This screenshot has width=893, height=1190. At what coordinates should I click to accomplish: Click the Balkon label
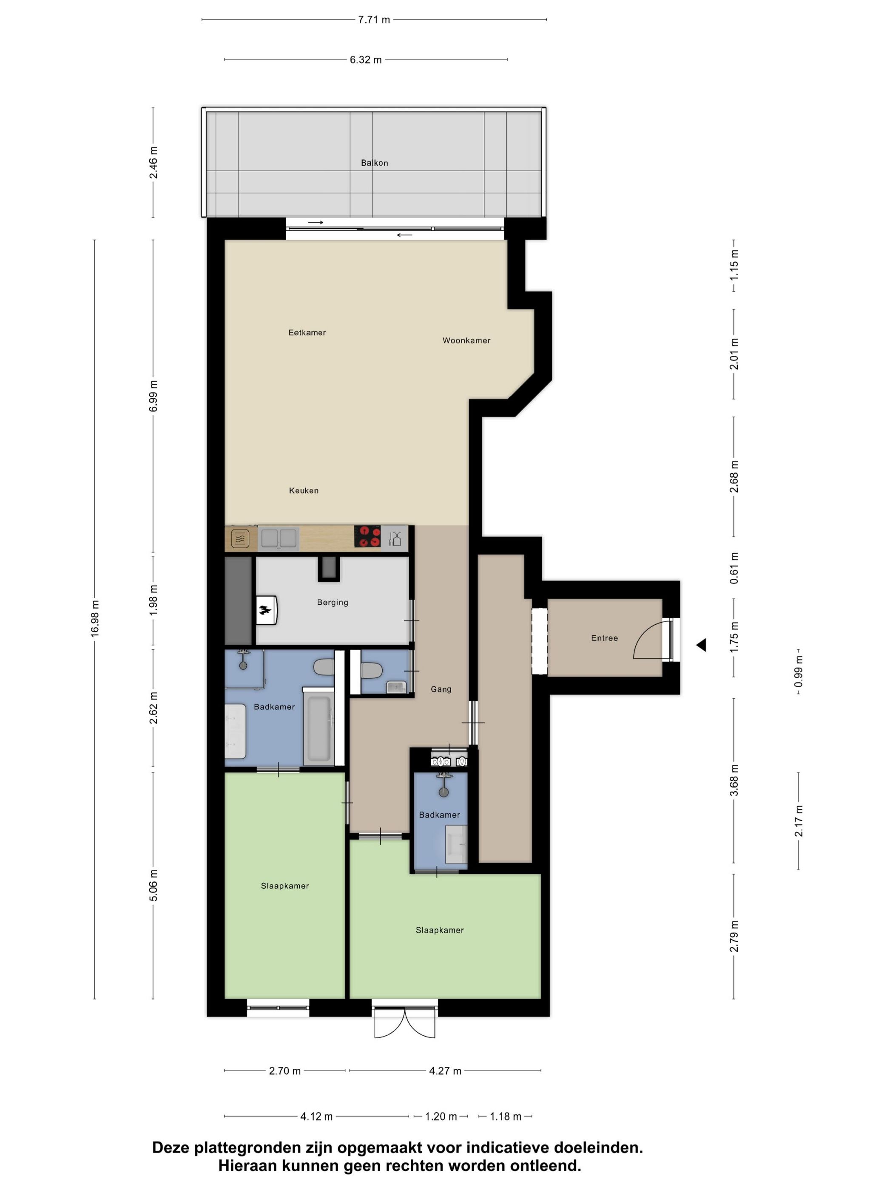pos(374,162)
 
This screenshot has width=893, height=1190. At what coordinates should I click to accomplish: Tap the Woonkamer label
pos(466,340)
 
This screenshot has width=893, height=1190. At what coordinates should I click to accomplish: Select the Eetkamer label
pos(307,332)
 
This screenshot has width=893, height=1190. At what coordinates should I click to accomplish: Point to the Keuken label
pos(304,490)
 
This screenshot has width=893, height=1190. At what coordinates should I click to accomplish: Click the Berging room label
pos(332,602)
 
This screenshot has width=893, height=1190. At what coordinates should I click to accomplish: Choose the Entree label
pos(604,637)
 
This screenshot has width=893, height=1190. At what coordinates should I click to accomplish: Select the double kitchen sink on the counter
pos(278,538)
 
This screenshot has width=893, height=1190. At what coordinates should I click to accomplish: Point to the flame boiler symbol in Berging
pos(265,609)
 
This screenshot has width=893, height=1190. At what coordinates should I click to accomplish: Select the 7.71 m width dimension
pos(373,20)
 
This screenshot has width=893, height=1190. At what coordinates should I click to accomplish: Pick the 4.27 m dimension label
pos(445,1071)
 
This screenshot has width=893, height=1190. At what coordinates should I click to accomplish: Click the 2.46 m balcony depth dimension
pos(154,162)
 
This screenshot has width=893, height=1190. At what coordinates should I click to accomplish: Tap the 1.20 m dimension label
pos(440,1116)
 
